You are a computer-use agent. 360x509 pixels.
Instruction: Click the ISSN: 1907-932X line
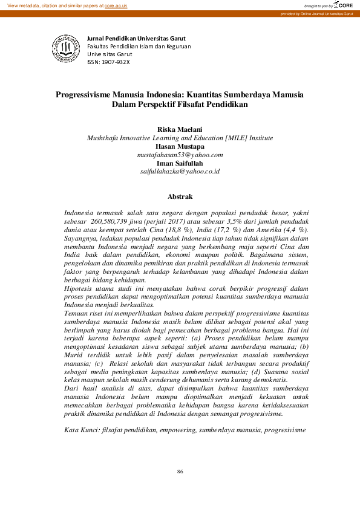(108, 62)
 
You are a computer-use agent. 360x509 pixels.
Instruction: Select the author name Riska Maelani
(180, 129)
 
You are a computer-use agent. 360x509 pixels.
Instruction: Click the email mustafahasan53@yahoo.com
(180, 155)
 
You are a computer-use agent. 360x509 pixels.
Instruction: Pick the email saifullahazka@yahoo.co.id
(180, 172)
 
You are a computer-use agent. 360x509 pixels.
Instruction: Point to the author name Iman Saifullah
(180, 163)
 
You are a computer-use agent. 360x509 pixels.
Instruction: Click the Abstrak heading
(180, 197)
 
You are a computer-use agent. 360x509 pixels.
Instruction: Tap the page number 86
(180, 472)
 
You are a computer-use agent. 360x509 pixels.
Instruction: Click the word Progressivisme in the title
(88, 95)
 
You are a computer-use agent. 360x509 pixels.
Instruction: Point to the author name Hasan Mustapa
(180, 146)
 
